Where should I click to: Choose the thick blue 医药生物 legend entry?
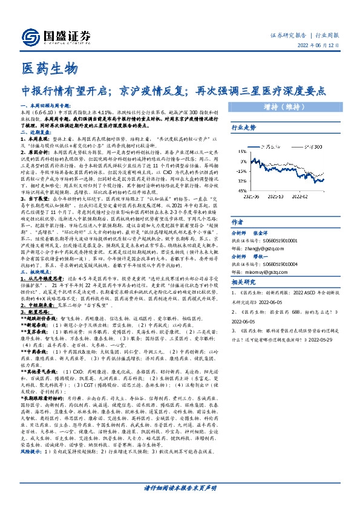pos(269,147)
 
